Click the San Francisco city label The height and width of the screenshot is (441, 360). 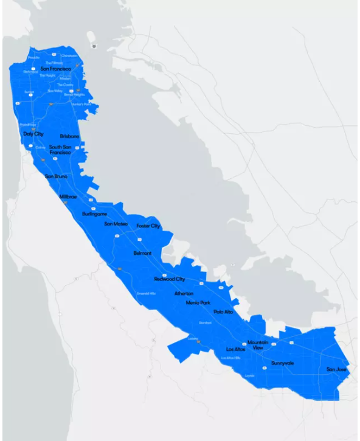pyautogui.click(x=56, y=69)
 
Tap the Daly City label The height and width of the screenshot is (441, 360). pyautogui.click(x=33, y=134)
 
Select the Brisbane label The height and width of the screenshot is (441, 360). pyautogui.click(x=70, y=136)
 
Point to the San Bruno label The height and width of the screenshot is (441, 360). pyautogui.click(x=57, y=176)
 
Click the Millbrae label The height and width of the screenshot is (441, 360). pyautogui.click(x=68, y=197)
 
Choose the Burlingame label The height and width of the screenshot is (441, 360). pyautogui.click(x=94, y=214)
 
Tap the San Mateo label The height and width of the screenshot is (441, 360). pyautogui.click(x=116, y=224)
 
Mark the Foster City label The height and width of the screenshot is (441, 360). pyautogui.click(x=148, y=226)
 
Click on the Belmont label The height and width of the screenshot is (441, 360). pyautogui.click(x=142, y=252)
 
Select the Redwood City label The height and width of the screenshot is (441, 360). pyautogui.click(x=170, y=279)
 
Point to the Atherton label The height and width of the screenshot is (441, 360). pyautogui.click(x=184, y=293)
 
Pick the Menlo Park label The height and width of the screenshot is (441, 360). pyautogui.click(x=198, y=302)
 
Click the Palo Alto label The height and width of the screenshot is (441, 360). pyautogui.click(x=223, y=311)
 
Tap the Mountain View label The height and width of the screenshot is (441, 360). pyautogui.click(x=258, y=345)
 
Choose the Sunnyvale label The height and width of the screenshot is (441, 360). pyautogui.click(x=283, y=363)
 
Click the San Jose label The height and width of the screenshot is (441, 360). pyautogui.click(x=336, y=369)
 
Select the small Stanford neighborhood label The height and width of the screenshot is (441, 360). pyautogui.click(x=205, y=323)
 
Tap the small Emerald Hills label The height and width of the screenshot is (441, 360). pyautogui.click(x=147, y=293)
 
